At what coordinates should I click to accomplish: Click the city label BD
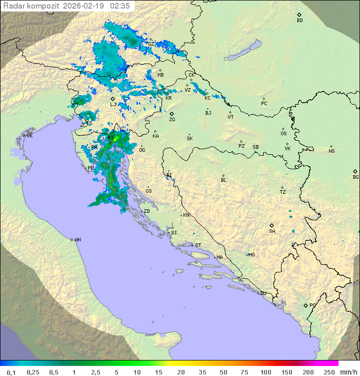(x=299, y=21)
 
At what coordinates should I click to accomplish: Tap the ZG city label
(x=172, y=120)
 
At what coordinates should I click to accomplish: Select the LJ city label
(x=113, y=105)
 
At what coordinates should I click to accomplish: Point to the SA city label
(x=272, y=231)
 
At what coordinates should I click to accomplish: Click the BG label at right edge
(x=355, y=177)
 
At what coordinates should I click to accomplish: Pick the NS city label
(x=331, y=151)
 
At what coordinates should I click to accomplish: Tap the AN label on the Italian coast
(x=77, y=240)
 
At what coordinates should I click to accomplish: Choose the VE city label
(x=29, y=136)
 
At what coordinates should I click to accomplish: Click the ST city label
(x=198, y=245)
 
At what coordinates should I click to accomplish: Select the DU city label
(x=262, y=293)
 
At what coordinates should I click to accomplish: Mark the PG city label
(x=312, y=305)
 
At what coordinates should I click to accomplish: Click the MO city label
(x=251, y=254)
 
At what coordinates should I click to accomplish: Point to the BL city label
(x=223, y=180)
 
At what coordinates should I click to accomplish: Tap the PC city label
(x=264, y=104)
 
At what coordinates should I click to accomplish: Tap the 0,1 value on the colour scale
(x=11, y=372)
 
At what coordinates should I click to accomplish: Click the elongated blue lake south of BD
(x=243, y=51)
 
